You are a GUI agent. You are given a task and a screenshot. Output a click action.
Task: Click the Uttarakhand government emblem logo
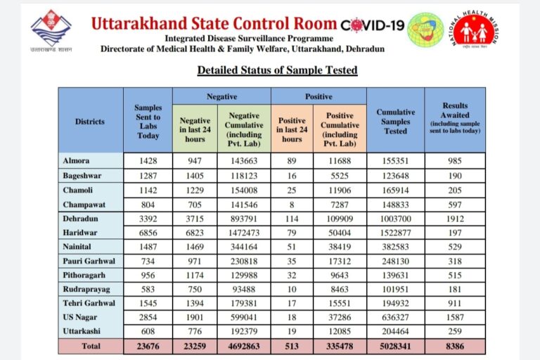pos(51,30)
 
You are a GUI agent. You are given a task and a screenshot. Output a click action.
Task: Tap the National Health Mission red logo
pos(474,30)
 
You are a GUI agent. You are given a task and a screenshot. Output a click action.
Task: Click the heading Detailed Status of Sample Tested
pos(277,70)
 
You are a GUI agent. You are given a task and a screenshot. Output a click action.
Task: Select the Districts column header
pos(90,121)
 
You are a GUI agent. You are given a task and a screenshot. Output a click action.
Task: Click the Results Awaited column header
pos(455,118)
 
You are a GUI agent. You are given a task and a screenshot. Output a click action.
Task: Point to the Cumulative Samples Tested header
pos(396,121)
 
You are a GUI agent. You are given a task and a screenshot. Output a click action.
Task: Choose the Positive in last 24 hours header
pos(292,129)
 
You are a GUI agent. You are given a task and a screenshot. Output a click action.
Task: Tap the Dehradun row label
pos(80,219)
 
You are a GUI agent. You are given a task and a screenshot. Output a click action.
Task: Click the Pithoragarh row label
pos(84,275)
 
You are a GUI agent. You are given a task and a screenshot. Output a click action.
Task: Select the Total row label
pos(91,346)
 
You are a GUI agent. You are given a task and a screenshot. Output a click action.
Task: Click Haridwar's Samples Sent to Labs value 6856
pos(148,233)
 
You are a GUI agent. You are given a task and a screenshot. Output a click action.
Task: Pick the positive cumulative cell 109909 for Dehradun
pos(340,219)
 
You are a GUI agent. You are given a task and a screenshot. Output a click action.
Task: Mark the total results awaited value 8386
pos(455,346)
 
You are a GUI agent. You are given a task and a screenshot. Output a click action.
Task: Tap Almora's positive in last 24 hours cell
pos(292,161)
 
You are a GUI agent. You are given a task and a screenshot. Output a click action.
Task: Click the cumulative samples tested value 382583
pos(395,247)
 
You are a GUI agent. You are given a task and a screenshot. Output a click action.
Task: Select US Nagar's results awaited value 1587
pos(455,317)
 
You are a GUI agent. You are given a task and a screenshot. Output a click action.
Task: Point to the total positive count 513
pos(292,346)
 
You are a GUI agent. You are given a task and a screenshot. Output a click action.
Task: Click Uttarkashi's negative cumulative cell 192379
pos(244,331)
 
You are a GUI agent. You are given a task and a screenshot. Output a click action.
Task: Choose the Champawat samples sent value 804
pos(148,205)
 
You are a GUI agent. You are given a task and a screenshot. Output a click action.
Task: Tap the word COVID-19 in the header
pos(372,25)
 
